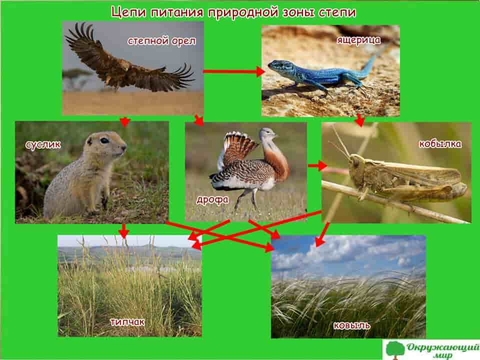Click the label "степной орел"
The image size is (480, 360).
[x=161, y=40]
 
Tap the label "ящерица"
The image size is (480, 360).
[x=358, y=40]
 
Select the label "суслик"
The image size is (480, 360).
[x=43, y=144]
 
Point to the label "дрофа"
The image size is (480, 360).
[x=212, y=200]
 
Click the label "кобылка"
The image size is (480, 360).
[x=440, y=143]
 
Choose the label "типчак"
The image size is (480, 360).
[x=127, y=321]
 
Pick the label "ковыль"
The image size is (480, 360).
[x=351, y=325]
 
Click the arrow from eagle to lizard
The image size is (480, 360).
[x=234, y=71]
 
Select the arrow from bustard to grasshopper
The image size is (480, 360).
[x=317, y=165]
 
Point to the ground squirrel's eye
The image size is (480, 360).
[x=104, y=140]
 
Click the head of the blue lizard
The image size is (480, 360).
[x=276, y=65]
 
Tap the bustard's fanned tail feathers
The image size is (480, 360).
[x=239, y=147]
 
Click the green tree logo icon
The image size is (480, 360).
[x=394, y=349]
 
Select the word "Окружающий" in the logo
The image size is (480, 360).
[x=442, y=347]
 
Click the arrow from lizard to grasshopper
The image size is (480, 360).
[x=359, y=120]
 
